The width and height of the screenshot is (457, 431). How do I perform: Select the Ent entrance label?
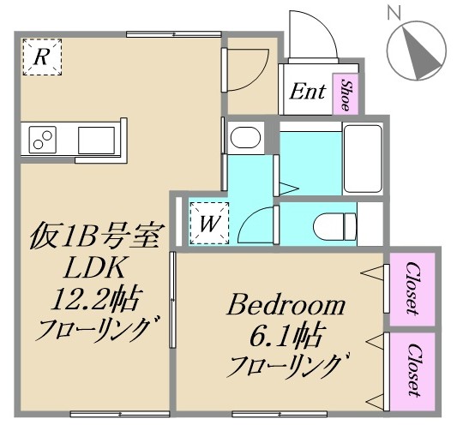pyautogui.click(x=306, y=91)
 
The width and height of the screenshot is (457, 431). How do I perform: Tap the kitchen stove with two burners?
pyautogui.click(x=44, y=138)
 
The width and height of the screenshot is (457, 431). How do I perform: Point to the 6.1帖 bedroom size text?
pyautogui.click(x=285, y=335)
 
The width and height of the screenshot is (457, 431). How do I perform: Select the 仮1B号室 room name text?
pyautogui.click(x=93, y=234)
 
